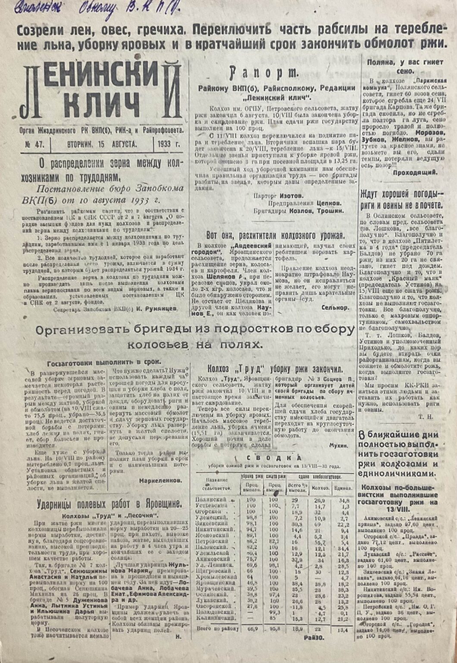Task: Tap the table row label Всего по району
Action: [218, 628]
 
